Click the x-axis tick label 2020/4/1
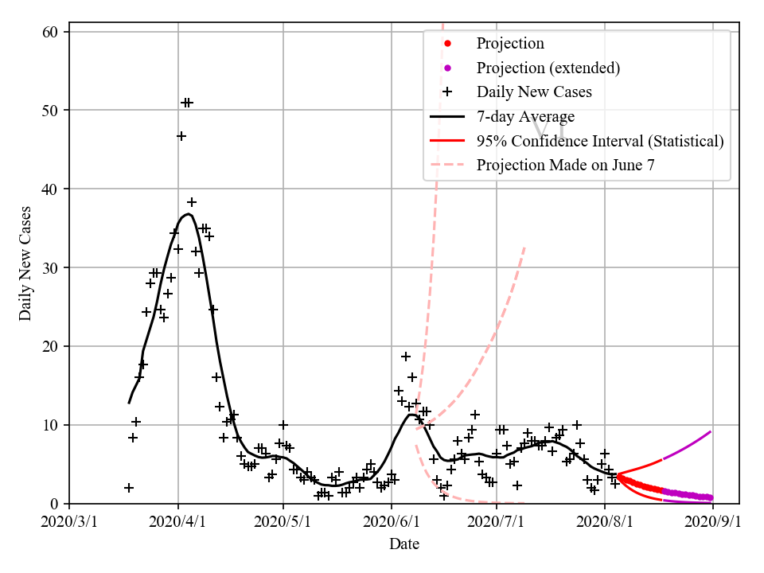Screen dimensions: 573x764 pyautogui.click(x=177, y=522)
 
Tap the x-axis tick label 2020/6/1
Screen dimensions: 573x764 pyautogui.click(x=391, y=522)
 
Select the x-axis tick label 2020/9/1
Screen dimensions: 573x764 pyautogui.click(x=713, y=522)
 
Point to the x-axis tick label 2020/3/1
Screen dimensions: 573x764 pyautogui.click(x=69, y=522)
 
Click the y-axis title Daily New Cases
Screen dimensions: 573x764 pyautogui.click(x=25, y=263)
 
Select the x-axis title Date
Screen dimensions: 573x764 pyautogui.click(x=404, y=544)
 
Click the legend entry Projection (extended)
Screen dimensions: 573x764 pyautogui.click(x=548, y=68)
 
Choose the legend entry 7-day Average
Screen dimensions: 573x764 pyautogui.click(x=525, y=117)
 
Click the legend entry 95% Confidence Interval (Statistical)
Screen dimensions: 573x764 pyautogui.click(x=600, y=142)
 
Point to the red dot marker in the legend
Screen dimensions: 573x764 pyautogui.click(x=447, y=43)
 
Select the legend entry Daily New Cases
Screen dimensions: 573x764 pyautogui.click(x=534, y=92)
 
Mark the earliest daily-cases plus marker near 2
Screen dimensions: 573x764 pyautogui.click(x=129, y=488)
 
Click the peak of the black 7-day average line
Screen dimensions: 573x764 pyautogui.click(x=187, y=214)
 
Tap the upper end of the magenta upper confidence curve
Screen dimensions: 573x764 pyautogui.click(x=710, y=431)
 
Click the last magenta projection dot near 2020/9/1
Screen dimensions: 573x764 pyautogui.click(x=710, y=497)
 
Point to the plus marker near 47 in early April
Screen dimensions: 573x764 pyautogui.click(x=181, y=136)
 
